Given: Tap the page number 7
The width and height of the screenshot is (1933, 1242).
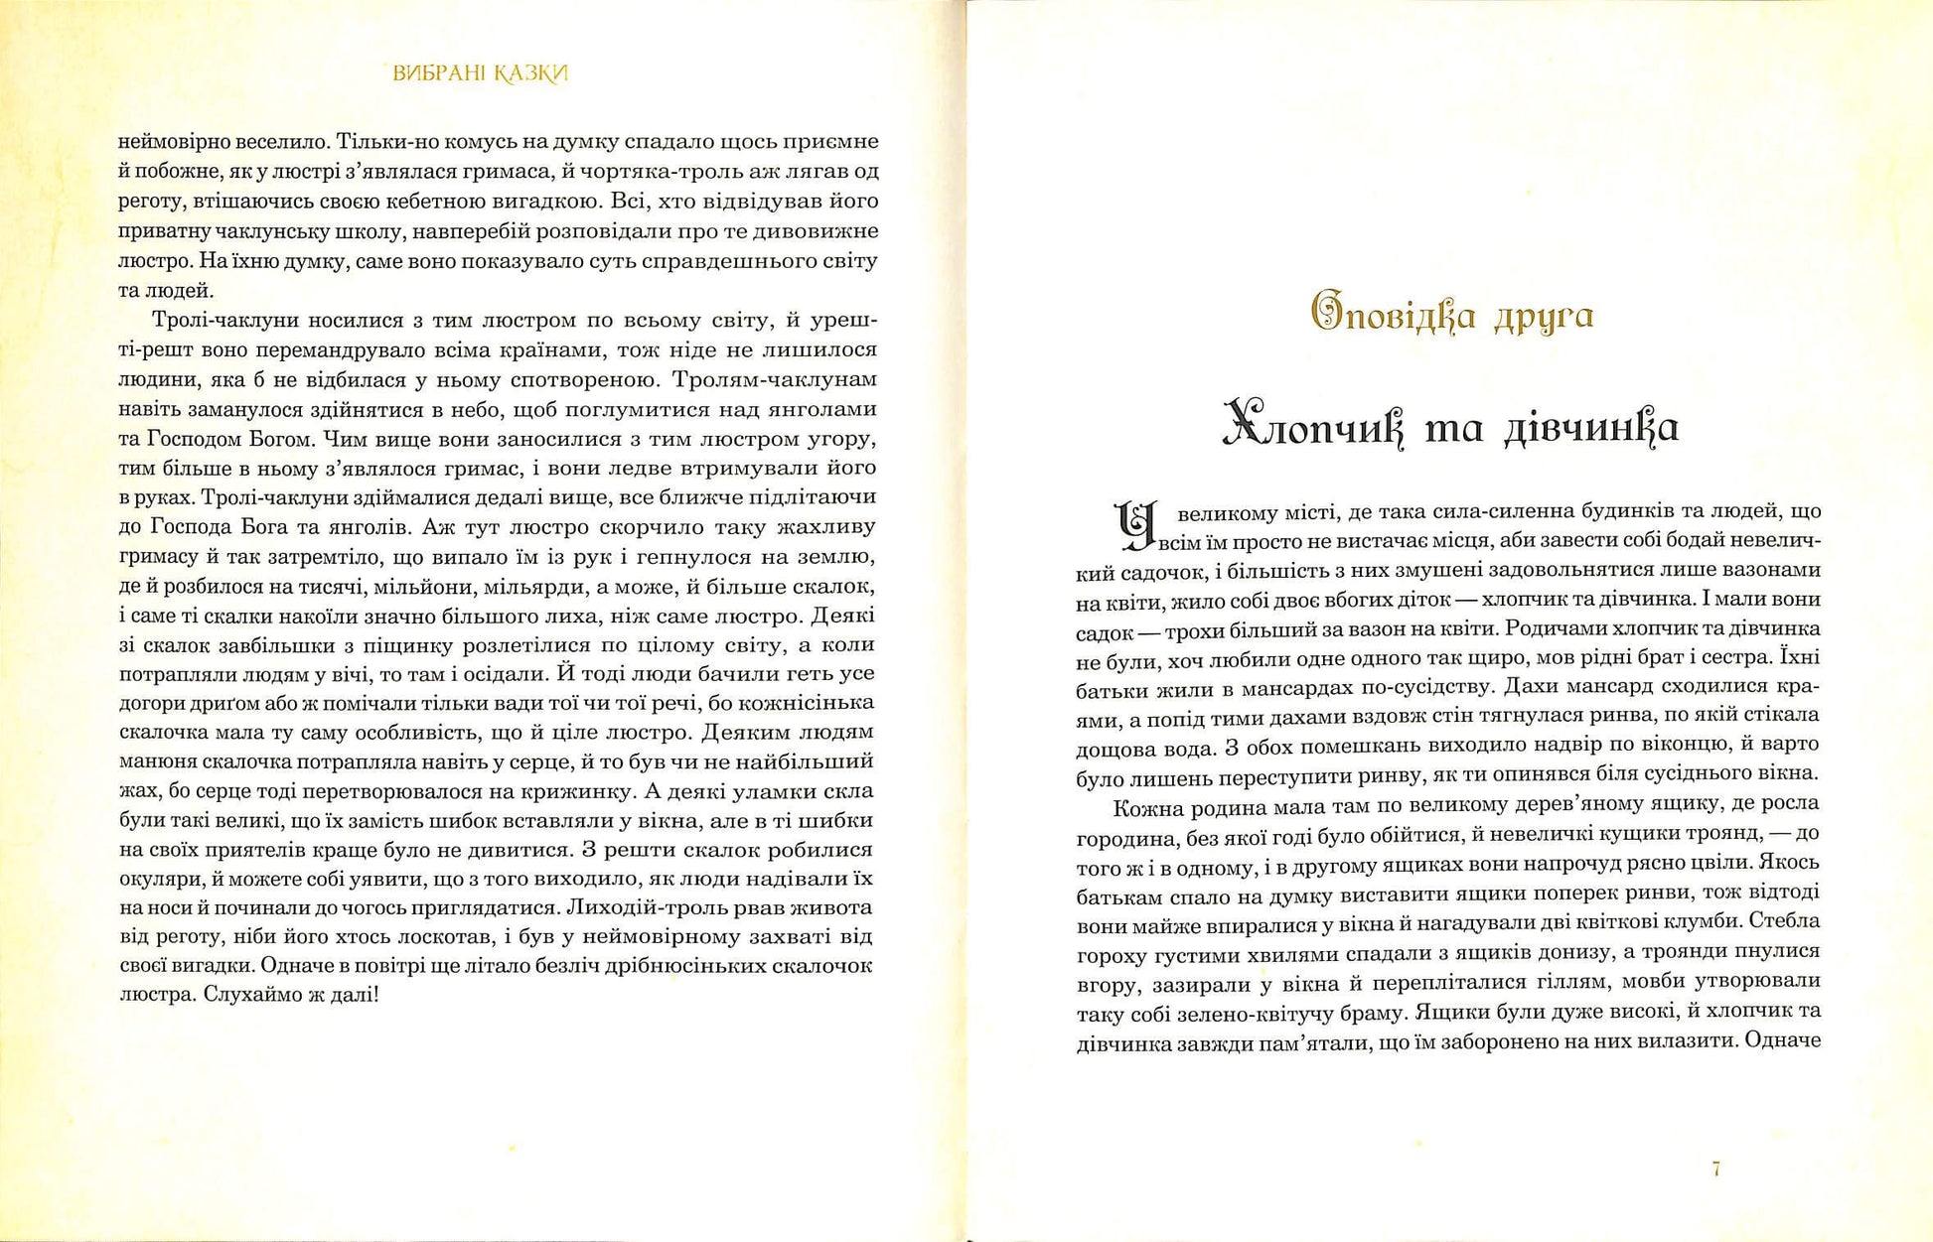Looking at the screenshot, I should [1716, 1169].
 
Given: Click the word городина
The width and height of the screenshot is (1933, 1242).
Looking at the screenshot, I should [1123, 836].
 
